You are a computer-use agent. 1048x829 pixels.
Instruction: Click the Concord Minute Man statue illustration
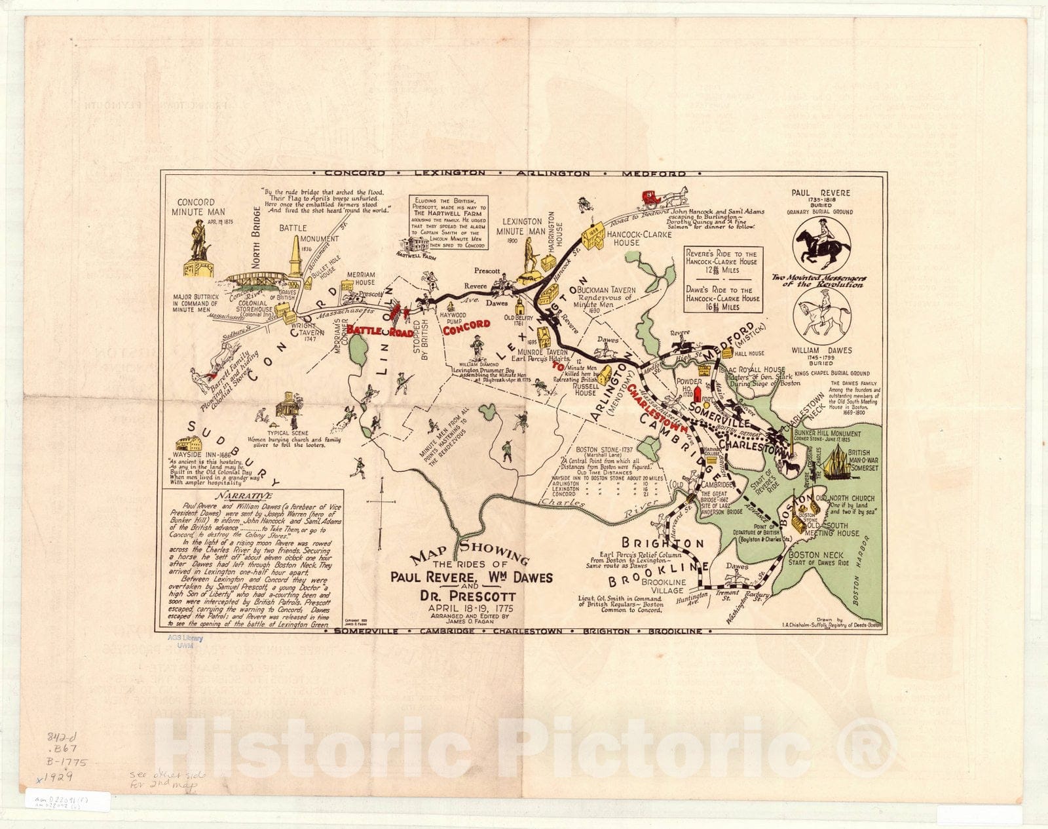198,249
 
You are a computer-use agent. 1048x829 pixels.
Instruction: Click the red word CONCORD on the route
466,325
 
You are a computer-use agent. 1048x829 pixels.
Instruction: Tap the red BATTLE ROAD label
380,331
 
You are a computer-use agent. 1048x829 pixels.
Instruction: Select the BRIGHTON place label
663,543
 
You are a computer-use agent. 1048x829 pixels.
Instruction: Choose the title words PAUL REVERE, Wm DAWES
471,578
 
